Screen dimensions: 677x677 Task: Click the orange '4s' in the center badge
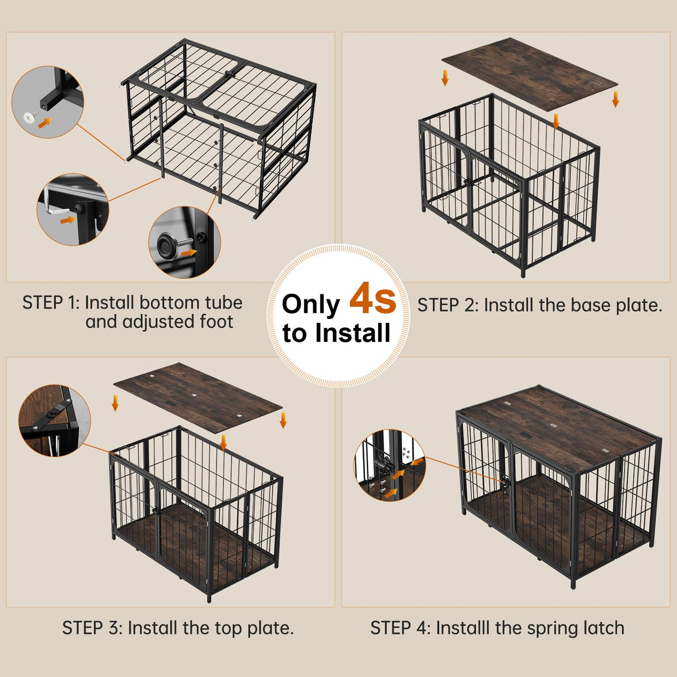point(373,299)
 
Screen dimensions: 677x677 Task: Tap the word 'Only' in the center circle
point(311,305)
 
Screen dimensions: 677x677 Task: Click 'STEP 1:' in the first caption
point(51,303)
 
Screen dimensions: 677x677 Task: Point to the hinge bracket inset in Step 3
point(54,420)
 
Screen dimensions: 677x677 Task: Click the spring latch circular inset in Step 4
point(389,465)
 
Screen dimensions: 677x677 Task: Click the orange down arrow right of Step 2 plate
point(615,99)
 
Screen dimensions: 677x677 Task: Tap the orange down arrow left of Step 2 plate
point(445,78)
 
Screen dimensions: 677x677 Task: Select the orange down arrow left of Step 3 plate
point(115,403)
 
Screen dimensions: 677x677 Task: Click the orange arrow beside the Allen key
point(67,220)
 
